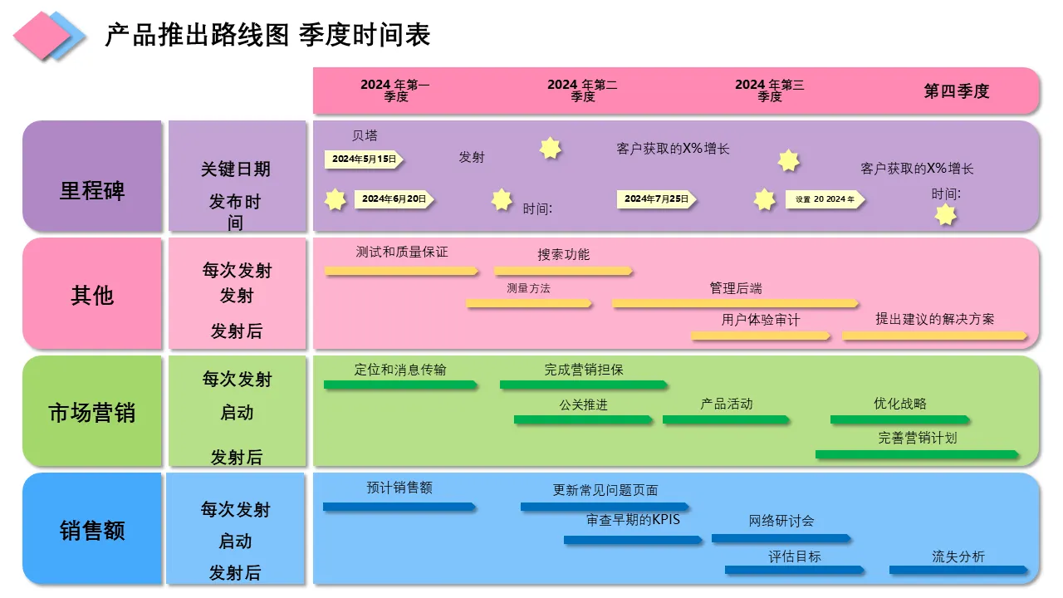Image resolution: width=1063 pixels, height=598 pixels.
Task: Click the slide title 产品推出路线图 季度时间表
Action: pyautogui.click(x=267, y=35)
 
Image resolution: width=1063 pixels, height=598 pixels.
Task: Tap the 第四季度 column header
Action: pyautogui.click(x=957, y=91)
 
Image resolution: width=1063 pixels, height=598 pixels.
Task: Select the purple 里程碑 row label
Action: pyautogui.click(x=92, y=190)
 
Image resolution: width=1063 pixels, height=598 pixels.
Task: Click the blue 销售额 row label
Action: pyautogui.click(x=92, y=530)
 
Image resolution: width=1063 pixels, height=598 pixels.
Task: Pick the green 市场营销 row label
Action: pyautogui.click(x=92, y=413)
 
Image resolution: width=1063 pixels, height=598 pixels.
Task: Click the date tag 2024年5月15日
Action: pyautogui.click(x=364, y=159)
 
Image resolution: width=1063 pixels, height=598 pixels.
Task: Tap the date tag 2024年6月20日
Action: pyautogui.click(x=394, y=199)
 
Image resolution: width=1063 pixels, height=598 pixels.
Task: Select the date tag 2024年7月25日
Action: pyautogui.click(x=656, y=199)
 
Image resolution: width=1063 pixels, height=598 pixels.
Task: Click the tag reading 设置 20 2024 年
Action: pyautogui.click(x=825, y=199)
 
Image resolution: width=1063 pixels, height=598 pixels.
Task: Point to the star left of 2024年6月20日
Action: pyautogui.click(x=335, y=199)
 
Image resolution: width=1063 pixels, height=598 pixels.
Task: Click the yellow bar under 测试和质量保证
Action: pyautogui.click(x=401, y=271)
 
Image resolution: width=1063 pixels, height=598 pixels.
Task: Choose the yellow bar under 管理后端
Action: pyautogui.click(x=735, y=303)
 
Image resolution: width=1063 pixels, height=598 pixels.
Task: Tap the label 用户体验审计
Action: pyautogui.click(x=760, y=320)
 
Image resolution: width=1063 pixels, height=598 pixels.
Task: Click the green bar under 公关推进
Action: pyautogui.click(x=582, y=419)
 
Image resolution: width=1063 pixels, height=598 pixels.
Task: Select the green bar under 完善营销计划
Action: pyautogui.click(x=917, y=454)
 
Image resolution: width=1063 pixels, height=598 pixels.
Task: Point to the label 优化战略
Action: pyautogui.click(x=899, y=404)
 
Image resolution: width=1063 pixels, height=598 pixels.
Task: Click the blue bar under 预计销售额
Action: pyautogui.click(x=399, y=506)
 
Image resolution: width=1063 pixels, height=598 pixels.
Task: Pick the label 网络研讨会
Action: pyautogui.click(x=781, y=521)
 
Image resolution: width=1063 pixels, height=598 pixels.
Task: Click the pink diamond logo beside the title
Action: pyautogui.click(x=42, y=36)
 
